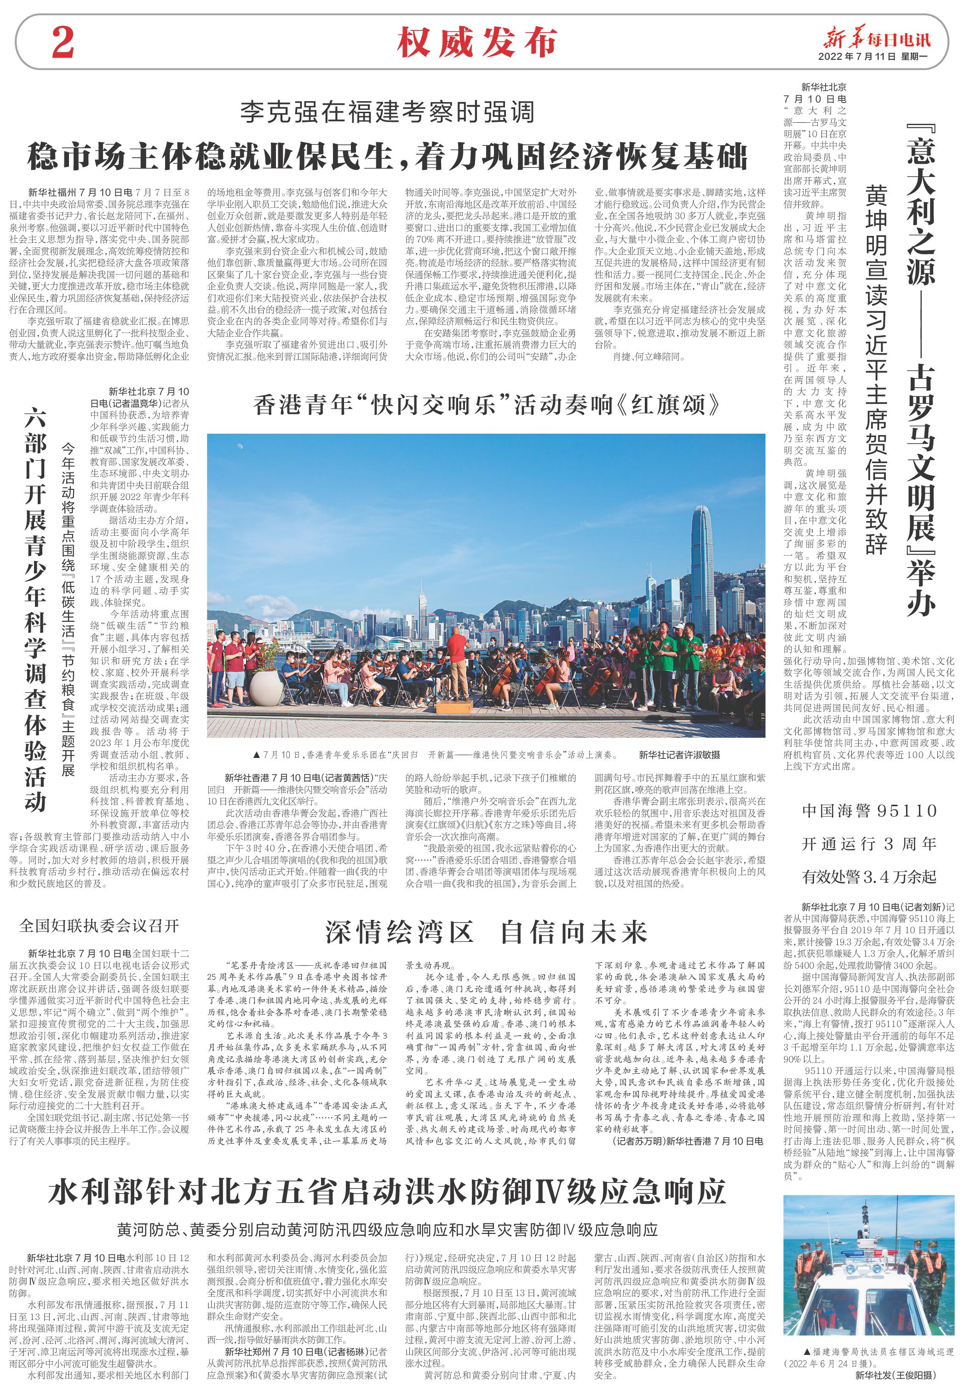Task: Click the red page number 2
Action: point(63,42)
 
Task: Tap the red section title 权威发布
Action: point(476,43)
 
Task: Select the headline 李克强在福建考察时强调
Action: point(387,112)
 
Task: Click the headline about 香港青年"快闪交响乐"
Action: point(486,405)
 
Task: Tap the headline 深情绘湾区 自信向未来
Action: point(486,932)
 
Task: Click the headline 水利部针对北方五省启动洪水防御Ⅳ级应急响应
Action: point(387,1192)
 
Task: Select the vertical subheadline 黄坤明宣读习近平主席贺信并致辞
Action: point(876,369)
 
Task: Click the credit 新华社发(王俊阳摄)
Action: point(895,1375)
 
